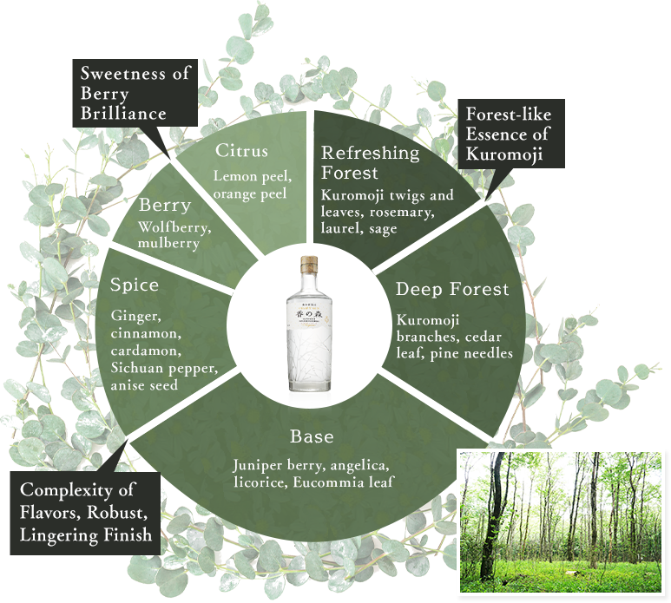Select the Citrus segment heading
pos(241,151)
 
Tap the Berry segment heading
pos(164,206)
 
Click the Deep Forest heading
pos(452,289)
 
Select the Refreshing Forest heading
pos(370,162)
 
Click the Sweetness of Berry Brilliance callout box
pos(135,94)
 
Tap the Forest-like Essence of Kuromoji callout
pos(508,134)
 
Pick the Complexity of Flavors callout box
pos(85,512)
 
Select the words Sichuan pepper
pos(162,369)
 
